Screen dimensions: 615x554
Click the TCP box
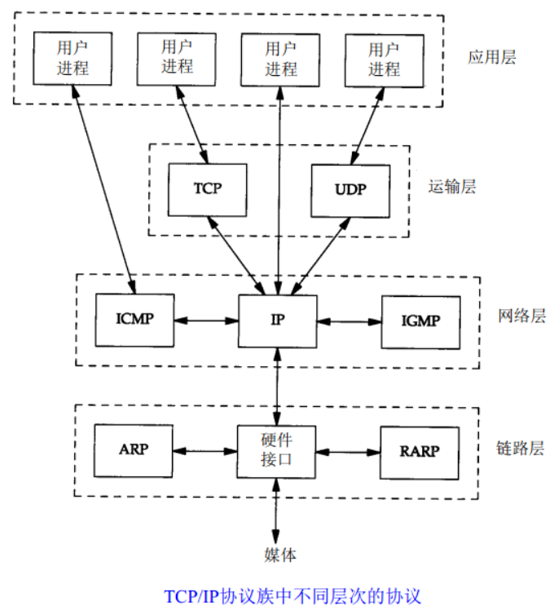point(208,189)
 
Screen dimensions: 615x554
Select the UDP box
point(350,189)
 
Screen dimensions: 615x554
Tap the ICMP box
point(134,320)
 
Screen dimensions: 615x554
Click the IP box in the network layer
point(278,320)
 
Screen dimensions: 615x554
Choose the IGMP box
point(420,320)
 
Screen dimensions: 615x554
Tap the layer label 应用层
point(492,58)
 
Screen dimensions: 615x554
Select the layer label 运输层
point(451,187)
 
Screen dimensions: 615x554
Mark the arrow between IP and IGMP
point(349,320)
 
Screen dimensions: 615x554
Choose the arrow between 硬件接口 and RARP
point(349,451)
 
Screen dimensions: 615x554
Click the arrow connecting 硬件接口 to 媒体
point(278,511)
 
